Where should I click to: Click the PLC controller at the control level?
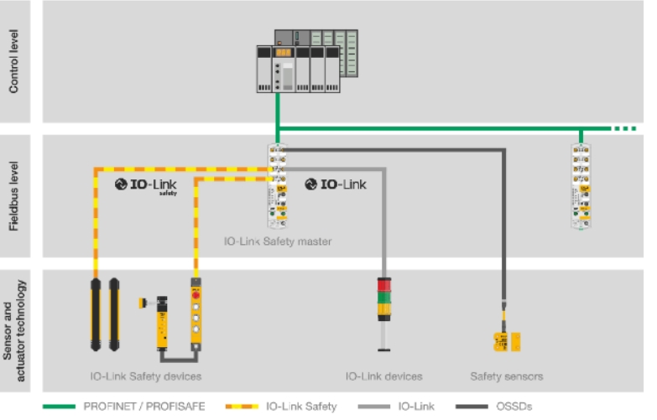(x=307, y=61)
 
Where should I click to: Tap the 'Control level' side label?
(x=13, y=61)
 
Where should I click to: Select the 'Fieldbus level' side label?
(x=13, y=196)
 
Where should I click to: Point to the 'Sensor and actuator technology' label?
(x=13, y=331)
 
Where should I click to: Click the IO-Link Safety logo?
(x=146, y=186)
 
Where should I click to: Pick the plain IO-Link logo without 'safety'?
(x=336, y=184)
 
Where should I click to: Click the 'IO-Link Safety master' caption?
(x=278, y=241)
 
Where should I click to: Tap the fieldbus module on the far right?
(x=581, y=186)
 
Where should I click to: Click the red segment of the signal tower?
(x=384, y=285)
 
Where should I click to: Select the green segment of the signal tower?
(x=384, y=298)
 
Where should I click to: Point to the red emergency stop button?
(x=196, y=295)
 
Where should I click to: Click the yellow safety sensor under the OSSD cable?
(x=507, y=342)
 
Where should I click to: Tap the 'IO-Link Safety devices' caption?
(x=146, y=376)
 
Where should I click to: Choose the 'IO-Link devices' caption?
(x=383, y=376)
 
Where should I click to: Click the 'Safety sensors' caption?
(x=507, y=376)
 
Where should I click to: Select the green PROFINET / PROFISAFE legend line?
(x=59, y=407)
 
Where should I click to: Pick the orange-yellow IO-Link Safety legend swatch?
(x=242, y=407)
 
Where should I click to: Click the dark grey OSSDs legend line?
(x=472, y=407)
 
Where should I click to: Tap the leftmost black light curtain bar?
(x=96, y=314)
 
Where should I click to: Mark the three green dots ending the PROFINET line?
(x=625, y=128)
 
